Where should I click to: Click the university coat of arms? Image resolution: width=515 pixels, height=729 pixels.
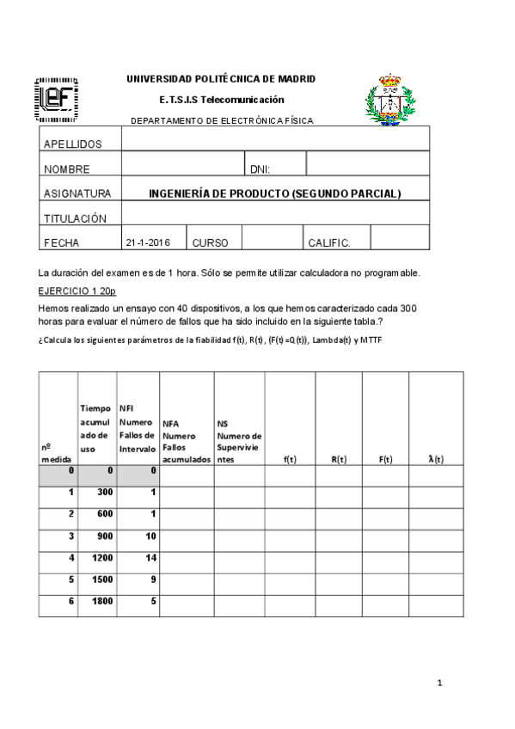392,99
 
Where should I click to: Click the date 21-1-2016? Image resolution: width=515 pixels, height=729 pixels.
148,243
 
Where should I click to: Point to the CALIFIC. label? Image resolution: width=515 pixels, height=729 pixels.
329,243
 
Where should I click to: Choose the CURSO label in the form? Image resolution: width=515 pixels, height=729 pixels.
210,243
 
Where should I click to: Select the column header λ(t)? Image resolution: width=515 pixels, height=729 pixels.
436,459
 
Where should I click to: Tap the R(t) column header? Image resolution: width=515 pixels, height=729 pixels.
339,459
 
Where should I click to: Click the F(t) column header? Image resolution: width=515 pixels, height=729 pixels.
385,459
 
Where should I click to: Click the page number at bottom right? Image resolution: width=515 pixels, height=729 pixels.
438,683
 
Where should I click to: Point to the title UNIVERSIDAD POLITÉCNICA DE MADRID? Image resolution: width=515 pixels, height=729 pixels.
221,79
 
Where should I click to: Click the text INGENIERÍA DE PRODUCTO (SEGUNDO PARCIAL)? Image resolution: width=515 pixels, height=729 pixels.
275,193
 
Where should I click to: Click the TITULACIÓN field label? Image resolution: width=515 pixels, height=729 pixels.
75,218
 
